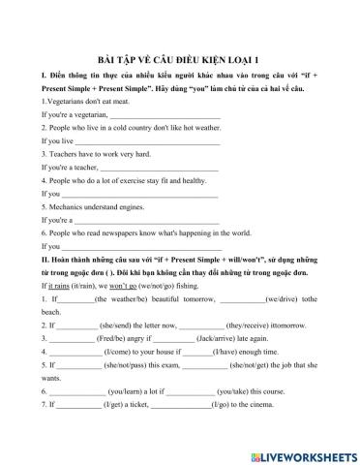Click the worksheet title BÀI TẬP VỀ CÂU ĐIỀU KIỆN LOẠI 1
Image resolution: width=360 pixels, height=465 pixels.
pyautogui.click(x=179, y=57)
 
